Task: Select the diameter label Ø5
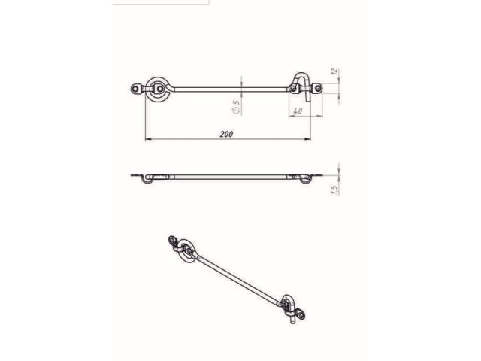(236, 107)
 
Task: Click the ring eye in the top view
(157, 87)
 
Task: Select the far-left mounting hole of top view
(136, 89)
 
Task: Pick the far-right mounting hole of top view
(320, 89)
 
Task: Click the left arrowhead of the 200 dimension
(147, 140)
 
